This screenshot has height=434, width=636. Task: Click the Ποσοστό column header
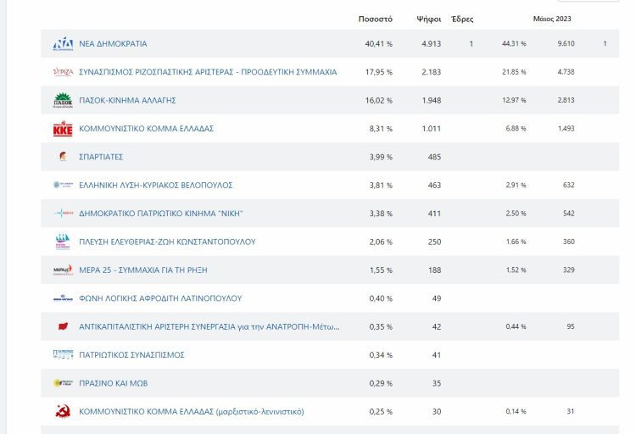point(375,19)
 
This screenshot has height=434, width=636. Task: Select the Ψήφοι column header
point(429,19)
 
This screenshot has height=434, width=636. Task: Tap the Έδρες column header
point(462,19)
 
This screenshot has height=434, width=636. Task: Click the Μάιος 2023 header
point(552,19)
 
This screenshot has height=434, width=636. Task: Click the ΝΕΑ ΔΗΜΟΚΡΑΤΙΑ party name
point(113,44)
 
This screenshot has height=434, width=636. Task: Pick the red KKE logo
point(63,128)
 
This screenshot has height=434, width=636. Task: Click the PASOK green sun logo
point(63,100)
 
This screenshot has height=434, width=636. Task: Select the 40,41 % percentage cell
point(379,44)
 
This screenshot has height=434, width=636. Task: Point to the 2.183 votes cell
point(431,72)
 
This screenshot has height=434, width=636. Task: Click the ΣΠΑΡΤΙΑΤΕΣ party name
point(101,157)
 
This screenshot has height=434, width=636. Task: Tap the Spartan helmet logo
point(63,157)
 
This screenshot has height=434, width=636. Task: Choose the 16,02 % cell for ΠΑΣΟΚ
point(379,100)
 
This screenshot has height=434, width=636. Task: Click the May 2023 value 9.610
point(566,43)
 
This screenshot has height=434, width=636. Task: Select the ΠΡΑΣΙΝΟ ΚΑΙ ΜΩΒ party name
point(114,383)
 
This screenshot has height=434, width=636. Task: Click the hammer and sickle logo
point(63,411)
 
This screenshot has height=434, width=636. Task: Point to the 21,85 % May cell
point(514,72)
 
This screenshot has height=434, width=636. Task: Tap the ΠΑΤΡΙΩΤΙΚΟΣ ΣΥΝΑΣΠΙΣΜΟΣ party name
point(131,355)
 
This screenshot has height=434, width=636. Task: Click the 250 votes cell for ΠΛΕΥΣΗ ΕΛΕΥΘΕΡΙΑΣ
point(434,242)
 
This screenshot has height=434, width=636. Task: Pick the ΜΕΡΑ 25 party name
point(143,270)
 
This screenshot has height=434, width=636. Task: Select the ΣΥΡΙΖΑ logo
point(63,72)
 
